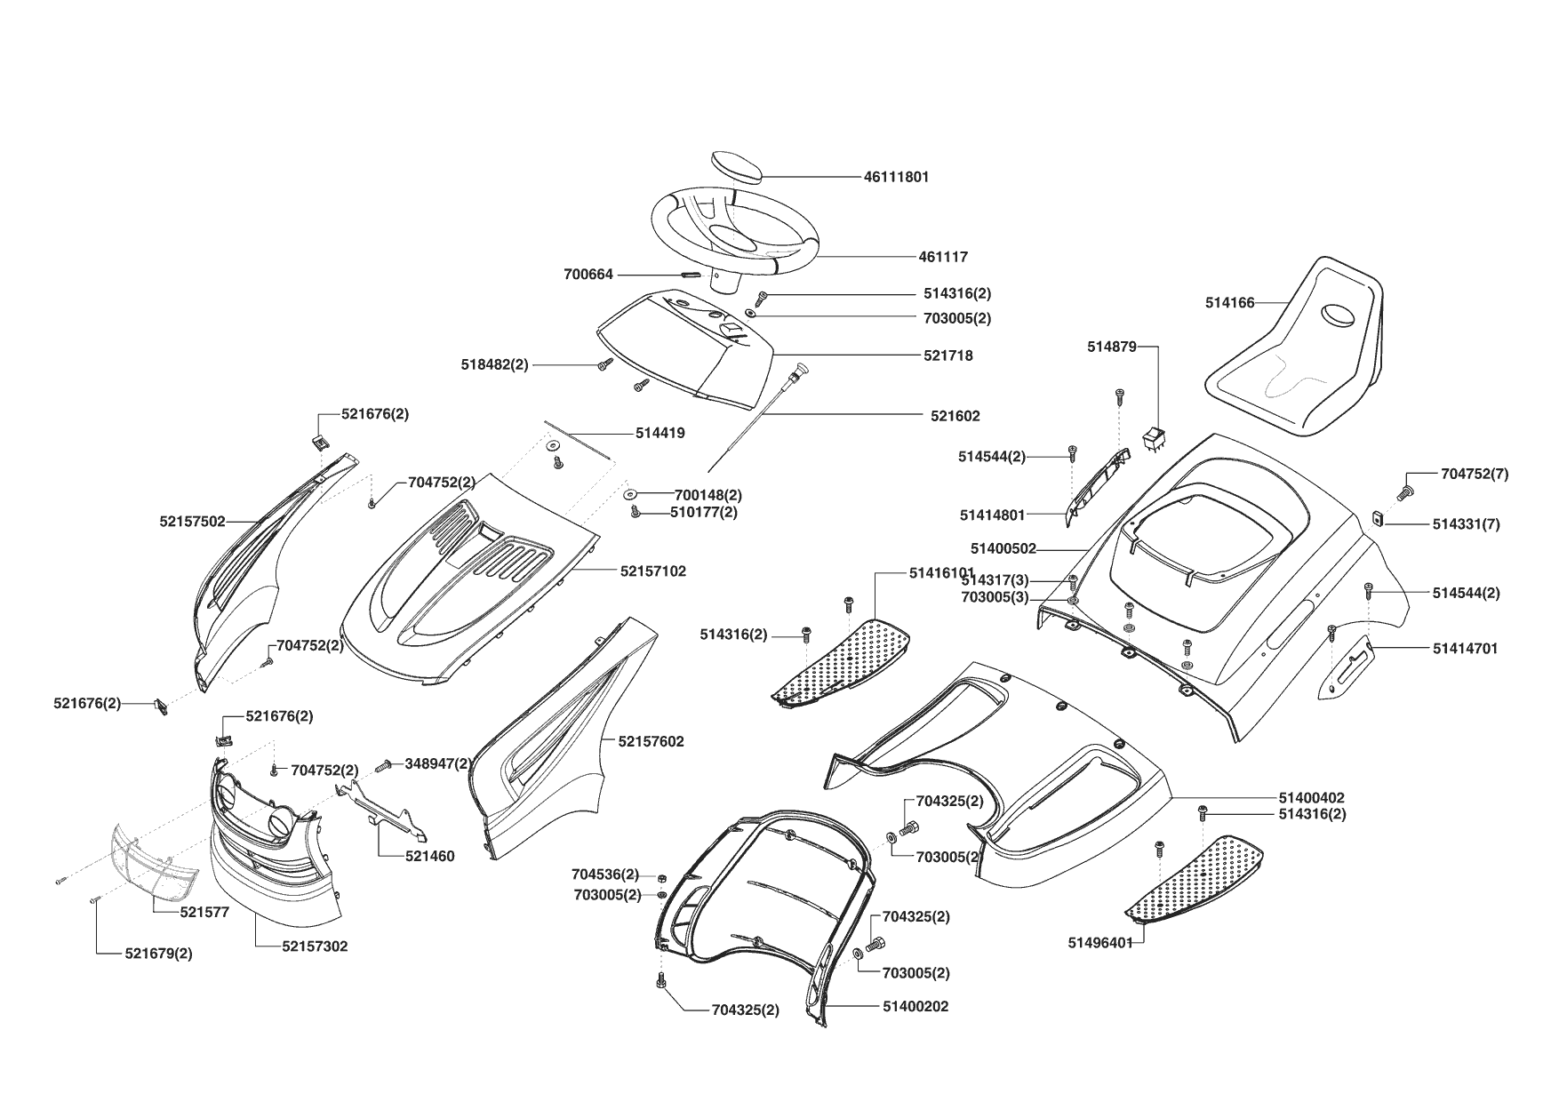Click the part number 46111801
[896, 177]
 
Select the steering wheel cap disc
[738, 166]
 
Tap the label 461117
[943, 257]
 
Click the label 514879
[1111, 347]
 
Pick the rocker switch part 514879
[1154, 438]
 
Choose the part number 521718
[947, 355]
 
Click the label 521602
[955, 416]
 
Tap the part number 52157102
[652, 571]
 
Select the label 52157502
[192, 522]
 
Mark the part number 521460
[429, 857]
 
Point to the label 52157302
[315, 946]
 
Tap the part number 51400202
[915, 1007]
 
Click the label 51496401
[1100, 943]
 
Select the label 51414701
[1465, 649]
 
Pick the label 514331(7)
[1466, 524]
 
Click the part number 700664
[588, 275]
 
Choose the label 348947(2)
[438, 763]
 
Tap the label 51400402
[1312, 798]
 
